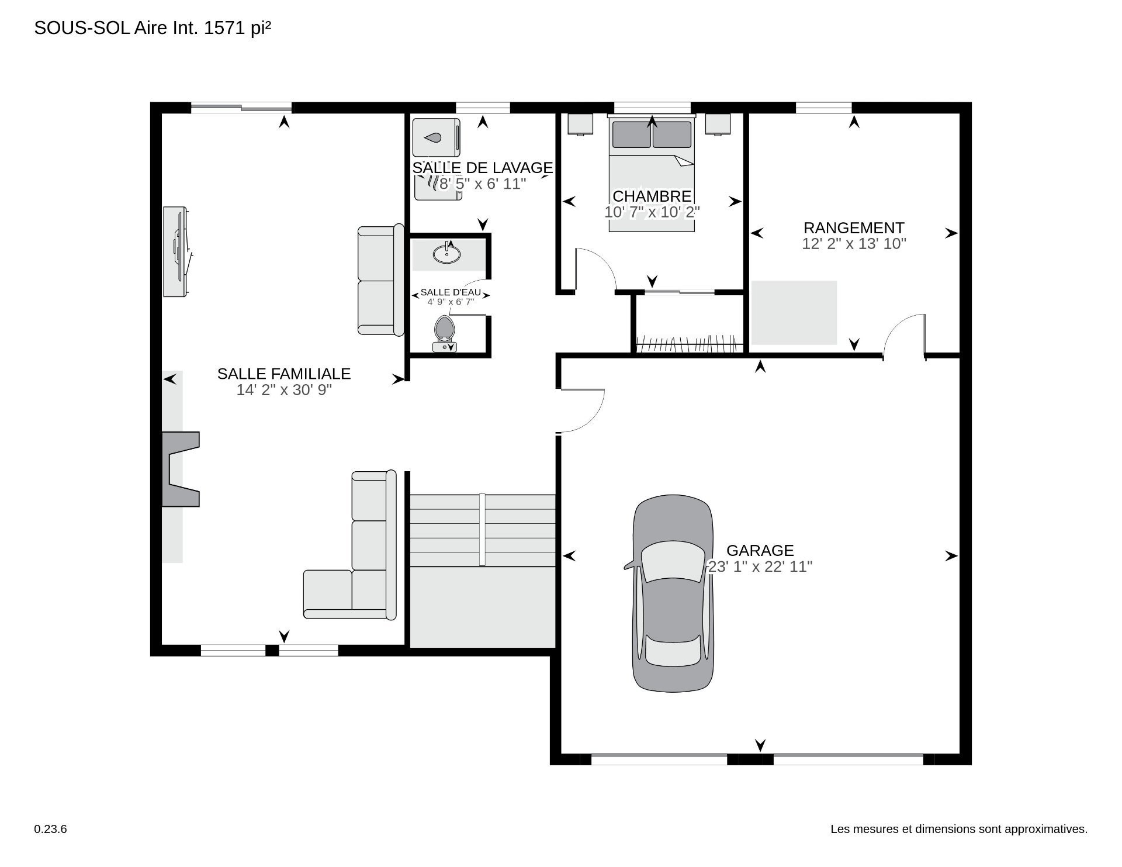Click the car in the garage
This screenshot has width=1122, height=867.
pos(672,594)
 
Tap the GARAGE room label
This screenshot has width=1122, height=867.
pos(760,550)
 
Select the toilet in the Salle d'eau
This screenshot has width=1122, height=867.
pos(445,334)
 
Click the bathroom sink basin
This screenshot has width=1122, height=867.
pos(447,254)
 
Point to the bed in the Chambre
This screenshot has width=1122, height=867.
pos(652,174)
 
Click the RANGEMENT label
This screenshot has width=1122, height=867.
pos(854,227)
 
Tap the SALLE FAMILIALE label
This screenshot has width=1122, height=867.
pos(284,374)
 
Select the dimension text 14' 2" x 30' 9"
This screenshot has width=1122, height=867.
pos(284,390)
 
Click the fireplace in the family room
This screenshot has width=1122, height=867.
pos(181,469)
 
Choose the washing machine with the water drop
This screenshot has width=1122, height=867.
pos(436,138)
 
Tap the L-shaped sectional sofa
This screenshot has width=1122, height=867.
pos(350,545)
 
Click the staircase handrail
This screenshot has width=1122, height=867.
pos(482,530)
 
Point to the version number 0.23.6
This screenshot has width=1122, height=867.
pos(51,829)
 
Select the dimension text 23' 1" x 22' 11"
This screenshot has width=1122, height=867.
pos(760,567)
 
